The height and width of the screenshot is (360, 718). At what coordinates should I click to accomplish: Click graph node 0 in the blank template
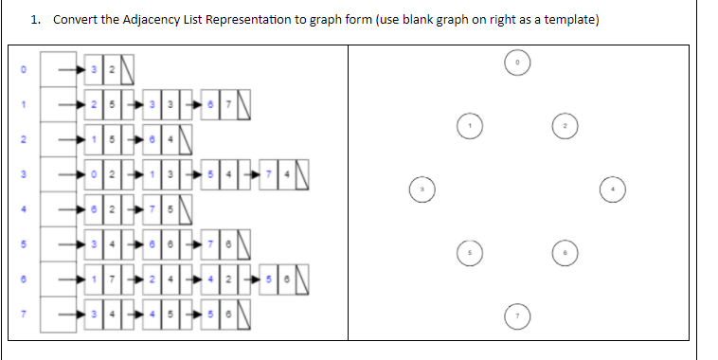tap(517, 62)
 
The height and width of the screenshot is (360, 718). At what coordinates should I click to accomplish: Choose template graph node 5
tap(467, 254)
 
